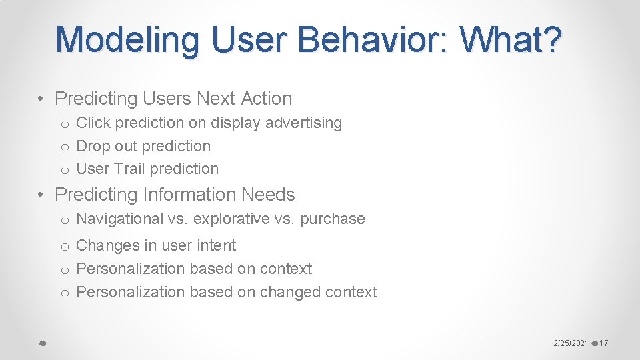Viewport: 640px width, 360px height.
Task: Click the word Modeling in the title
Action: coord(127,39)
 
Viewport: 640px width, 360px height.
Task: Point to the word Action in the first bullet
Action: coord(266,99)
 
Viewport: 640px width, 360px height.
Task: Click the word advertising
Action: coord(303,123)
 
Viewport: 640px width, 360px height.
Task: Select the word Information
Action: coord(189,195)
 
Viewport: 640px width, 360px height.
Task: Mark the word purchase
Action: coord(333,219)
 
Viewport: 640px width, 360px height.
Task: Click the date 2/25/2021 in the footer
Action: coord(571,343)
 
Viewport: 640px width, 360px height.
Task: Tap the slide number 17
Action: coord(603,343)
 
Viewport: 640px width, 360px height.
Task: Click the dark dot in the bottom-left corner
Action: coord(42,343)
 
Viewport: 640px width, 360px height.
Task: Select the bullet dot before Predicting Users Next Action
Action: coord(41,99)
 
